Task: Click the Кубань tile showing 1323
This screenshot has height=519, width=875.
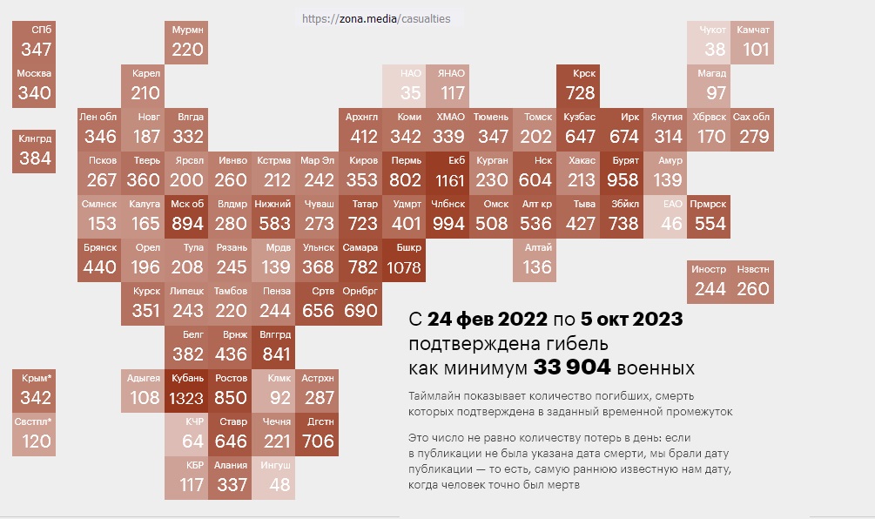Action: pos(186,391)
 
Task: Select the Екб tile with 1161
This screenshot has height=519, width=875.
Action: pos(448,173)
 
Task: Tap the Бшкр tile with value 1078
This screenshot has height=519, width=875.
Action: pos(404,260)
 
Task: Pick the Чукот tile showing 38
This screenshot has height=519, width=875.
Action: pos(709,43)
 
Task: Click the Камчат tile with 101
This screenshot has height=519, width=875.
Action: pos(752,43)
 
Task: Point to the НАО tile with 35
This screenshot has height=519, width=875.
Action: pos(404,86)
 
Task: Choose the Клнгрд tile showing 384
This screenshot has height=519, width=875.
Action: pos(34,152)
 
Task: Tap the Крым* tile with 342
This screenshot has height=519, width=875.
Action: pos(34,391)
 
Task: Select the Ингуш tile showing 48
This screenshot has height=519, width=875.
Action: pos(273,478)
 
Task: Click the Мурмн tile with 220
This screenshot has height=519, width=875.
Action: pos(186,43)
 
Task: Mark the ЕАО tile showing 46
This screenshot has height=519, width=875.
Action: pos(665,217)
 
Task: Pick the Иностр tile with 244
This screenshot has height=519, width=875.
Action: pos(709,282)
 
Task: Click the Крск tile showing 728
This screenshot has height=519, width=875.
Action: pos(578,86)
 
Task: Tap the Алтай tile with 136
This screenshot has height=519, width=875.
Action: pos(535,260)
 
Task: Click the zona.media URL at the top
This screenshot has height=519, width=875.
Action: pos(376,19)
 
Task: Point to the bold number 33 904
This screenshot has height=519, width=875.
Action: pos(572,367)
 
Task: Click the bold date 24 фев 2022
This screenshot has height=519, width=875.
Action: pos(488,319)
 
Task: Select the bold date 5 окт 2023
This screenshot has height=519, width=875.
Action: pos(632,319)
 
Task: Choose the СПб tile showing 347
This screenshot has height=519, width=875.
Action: pos(34,43)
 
